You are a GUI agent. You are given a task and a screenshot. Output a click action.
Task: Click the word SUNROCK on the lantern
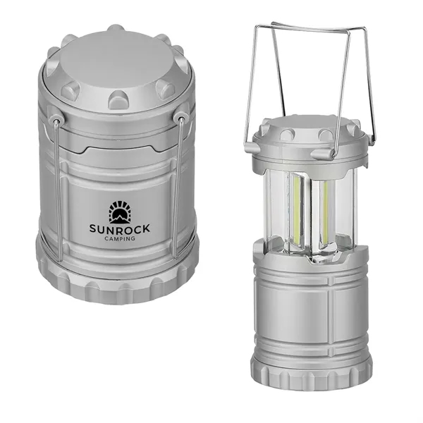click(x=115, y=227)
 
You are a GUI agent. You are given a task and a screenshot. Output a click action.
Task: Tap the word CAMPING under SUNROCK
click(x=115, y=238)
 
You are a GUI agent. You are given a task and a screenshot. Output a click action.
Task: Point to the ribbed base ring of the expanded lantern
click(x=311, y=370)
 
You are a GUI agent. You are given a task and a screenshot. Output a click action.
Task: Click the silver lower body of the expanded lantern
click(x=310, y=310)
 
